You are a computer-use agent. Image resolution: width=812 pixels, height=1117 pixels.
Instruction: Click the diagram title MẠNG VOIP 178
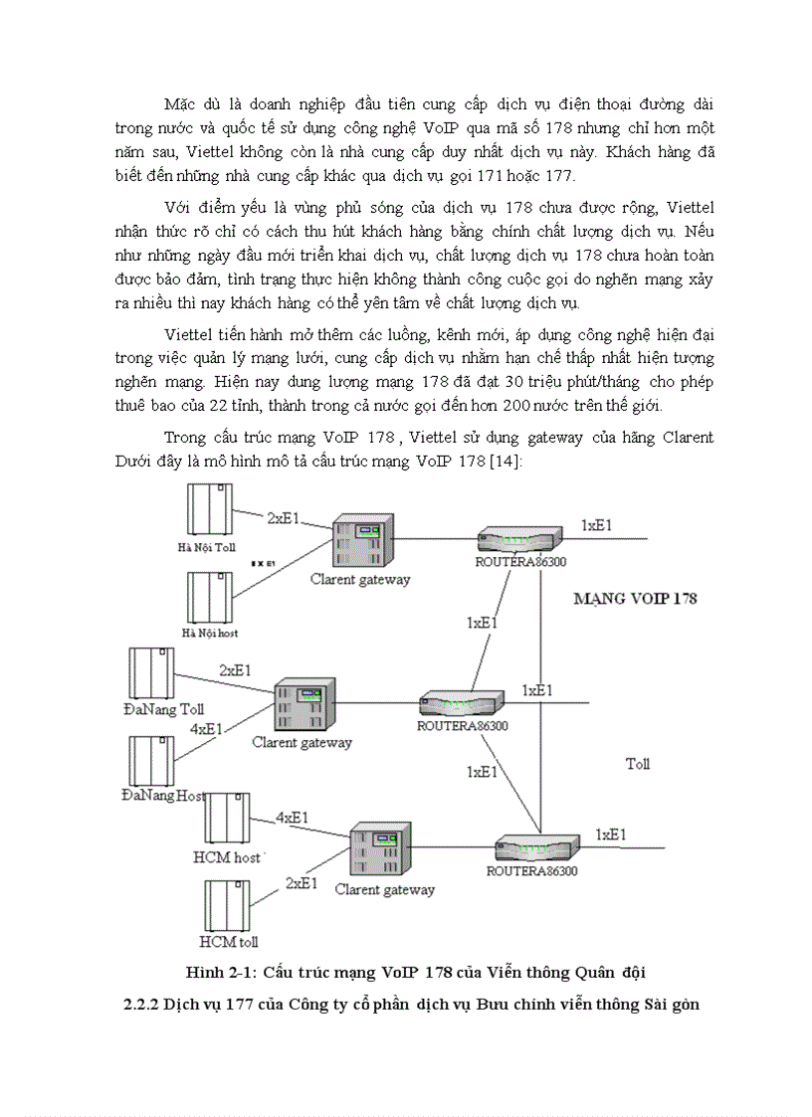click(635, 599)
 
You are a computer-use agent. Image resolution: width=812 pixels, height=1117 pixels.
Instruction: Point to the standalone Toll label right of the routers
click(637, 764)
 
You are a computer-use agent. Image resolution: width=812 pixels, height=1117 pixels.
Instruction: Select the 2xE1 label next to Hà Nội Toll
click(289, 518)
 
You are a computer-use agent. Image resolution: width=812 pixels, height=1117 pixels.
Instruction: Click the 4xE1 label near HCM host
click(294, 819)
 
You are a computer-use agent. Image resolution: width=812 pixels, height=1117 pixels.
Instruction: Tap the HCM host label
click(227, 857)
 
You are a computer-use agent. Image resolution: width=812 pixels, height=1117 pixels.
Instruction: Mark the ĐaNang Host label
click(162, 795)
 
